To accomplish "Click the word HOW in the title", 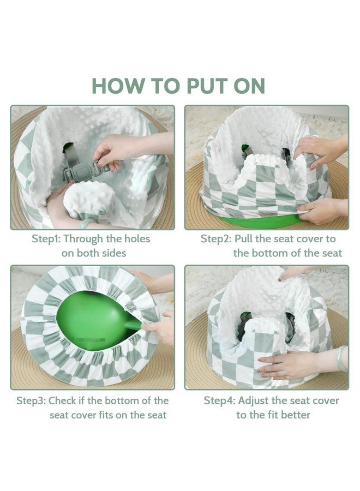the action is pyautogui.click(x=118, y=86).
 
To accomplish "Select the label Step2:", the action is pyautogui.click(x=216, y=239).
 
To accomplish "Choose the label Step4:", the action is pyautogui.click(x=219, y=401).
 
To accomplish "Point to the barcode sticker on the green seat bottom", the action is pyautogui.click(x=89, y=339).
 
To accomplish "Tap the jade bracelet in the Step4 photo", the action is pyautogui.click(x=342, y=358).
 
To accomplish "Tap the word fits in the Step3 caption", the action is pyautogui.click(x=106, y=415).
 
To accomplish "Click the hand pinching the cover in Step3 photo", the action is pyautogui.click(x=159, y=327).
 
